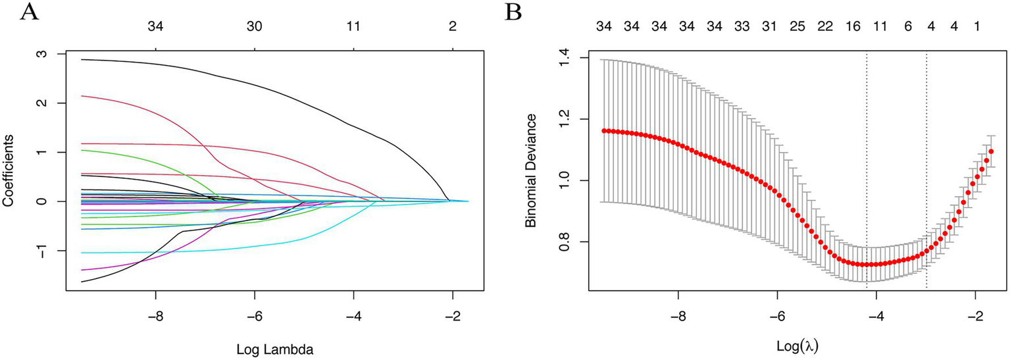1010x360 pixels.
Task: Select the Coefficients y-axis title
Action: pos(9,171)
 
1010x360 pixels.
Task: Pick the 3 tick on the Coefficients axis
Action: pos(41,54)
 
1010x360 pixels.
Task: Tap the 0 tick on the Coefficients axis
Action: pos(41,201)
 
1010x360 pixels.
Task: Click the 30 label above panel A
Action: pos(255,27)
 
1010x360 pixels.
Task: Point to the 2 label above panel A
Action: pos(452,27)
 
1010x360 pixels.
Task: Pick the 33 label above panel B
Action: pos(742,27)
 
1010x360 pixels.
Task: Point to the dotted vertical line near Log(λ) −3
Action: pos(926,165)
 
